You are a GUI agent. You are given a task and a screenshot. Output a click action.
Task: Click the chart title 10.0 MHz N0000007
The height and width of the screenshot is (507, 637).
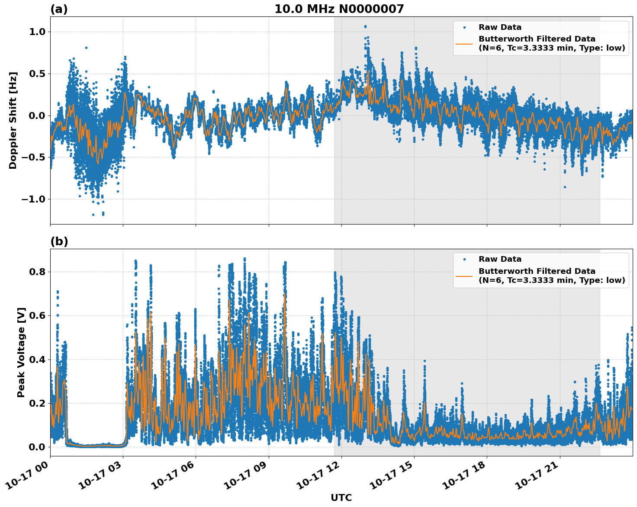click(339, 9)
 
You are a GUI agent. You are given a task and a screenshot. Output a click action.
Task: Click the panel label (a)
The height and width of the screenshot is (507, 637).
click(59, 9)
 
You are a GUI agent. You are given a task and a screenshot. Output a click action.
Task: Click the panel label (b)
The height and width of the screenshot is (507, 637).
click(59, 241)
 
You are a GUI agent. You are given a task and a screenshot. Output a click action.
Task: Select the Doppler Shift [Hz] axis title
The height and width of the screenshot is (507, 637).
click(13, 120)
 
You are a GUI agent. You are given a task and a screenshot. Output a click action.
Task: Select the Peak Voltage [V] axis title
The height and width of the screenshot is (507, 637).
click(21, 352)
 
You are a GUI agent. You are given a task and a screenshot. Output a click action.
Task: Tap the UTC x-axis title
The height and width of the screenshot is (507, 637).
click(341, 497)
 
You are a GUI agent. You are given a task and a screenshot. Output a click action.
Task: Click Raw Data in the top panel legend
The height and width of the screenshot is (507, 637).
click(500, 27)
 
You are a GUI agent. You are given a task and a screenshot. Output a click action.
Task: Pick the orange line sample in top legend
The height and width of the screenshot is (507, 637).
click(464, 43)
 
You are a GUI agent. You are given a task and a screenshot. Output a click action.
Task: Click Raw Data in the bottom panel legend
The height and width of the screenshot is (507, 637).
click(500, 259)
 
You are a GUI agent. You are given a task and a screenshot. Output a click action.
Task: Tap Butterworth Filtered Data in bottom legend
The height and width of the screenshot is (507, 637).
click(537, 271)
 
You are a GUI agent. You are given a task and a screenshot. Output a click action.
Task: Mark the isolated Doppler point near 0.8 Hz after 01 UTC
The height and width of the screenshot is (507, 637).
click(86, 48)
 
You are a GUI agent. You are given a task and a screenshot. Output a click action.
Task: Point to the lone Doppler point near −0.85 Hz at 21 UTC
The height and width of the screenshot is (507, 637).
click(565, 187)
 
